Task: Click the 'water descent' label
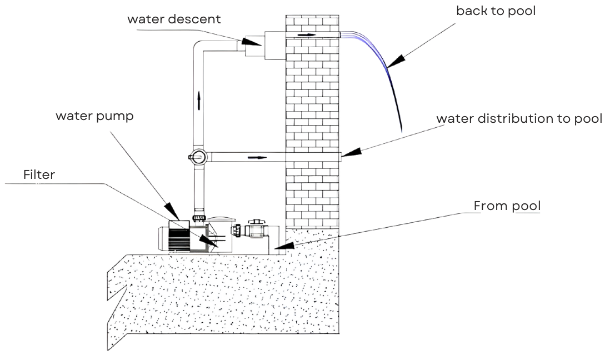point(174,19)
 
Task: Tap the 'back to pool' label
point(496,11)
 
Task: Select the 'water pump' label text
point(94,117)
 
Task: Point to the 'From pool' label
point(507,206)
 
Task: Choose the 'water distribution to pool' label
point(519,119)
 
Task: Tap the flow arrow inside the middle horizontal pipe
point(257,157)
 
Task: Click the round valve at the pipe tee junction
point(198,157)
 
